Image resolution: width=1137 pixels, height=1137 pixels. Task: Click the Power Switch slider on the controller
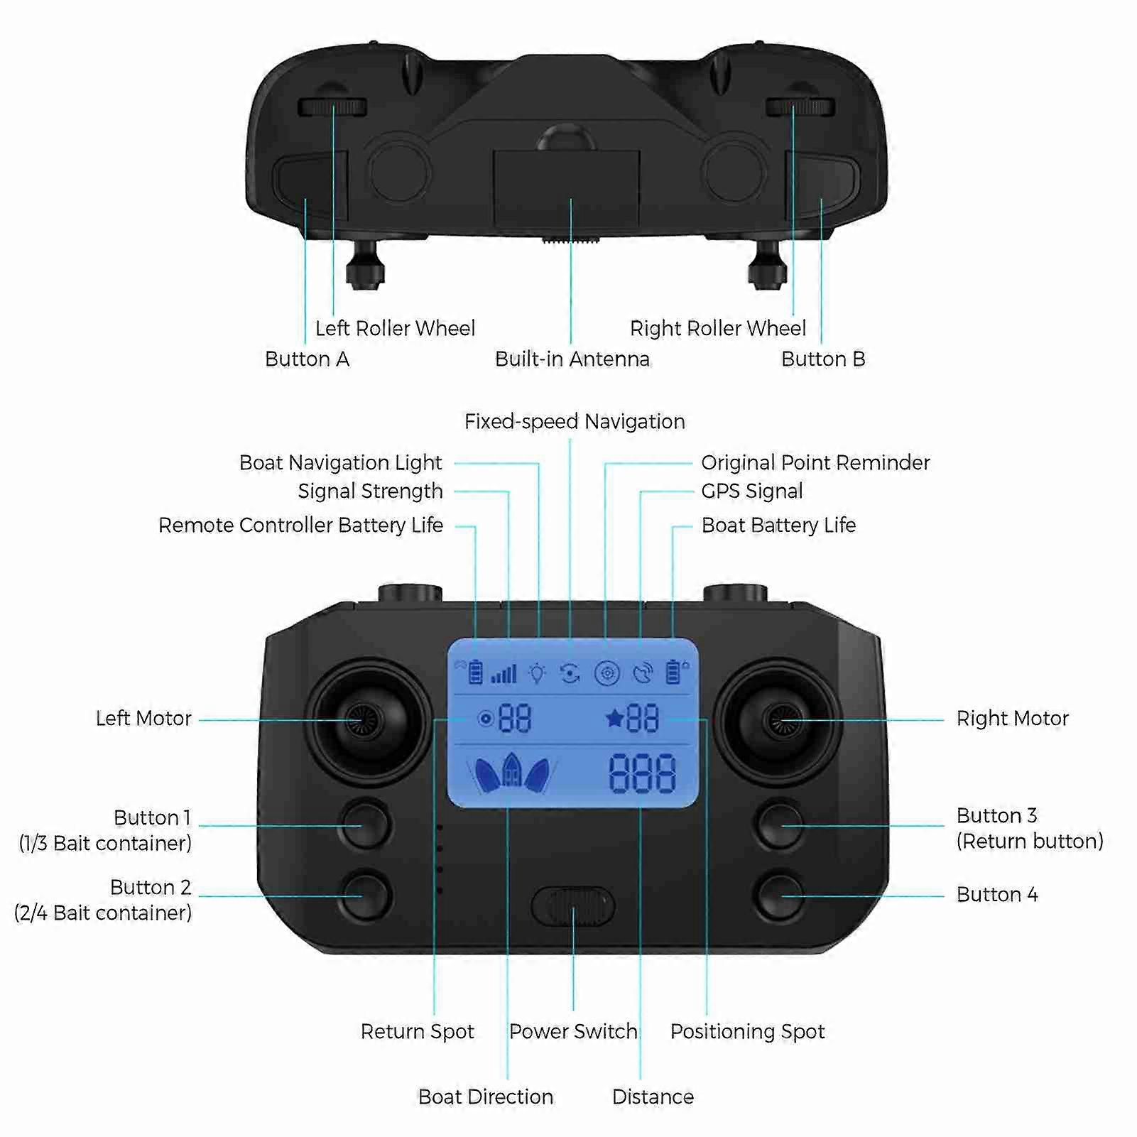[x=572, y=905]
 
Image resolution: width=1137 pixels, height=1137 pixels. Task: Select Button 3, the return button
[x=780, y=825]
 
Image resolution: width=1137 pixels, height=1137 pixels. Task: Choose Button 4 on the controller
[x=780, y=895]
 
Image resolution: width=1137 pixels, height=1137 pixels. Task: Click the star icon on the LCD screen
[x=614, y=719]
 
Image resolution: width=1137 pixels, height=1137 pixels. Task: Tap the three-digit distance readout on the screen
[x=642, y=773]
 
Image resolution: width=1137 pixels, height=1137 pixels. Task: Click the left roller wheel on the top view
[x=332, y=107]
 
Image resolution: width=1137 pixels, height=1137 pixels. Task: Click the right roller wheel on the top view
[x=800, y=107]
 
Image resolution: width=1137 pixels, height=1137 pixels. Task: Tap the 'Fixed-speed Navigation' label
[x=575, y=422]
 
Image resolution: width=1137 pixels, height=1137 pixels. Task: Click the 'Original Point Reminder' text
[x=815, y=463]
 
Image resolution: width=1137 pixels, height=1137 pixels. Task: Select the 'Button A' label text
[x=307, y=359]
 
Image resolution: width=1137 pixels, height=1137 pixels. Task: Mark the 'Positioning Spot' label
[x=747, y=1032]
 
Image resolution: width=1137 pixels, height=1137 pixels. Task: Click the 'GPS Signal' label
[x=752, y=491]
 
